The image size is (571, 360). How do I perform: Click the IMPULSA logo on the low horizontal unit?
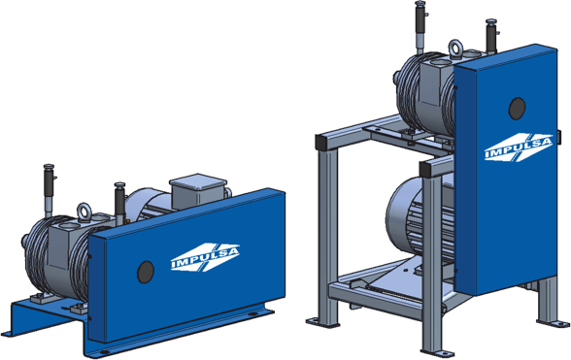point(205,257)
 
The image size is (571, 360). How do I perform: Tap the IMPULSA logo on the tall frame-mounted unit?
point(519,147)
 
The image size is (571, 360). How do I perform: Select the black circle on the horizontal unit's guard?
point(146,272)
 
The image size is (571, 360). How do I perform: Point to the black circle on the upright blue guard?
point(517,108)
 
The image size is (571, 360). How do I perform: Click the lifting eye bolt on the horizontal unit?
point(84,212)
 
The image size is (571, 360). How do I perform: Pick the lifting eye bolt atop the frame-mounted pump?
point(455,49)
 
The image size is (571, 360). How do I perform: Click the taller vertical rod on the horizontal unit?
point(49,190)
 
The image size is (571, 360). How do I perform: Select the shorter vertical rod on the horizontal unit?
point(119,202)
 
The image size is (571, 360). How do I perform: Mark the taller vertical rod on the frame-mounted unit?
point(420,26)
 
